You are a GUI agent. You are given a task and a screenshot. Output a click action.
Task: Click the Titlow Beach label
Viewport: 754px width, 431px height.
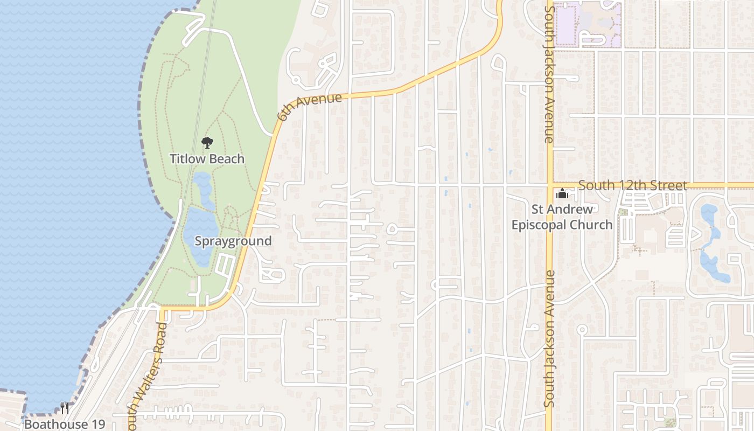click(207, 159)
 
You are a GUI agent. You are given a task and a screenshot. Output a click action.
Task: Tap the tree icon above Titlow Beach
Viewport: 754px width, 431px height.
click(207, 143)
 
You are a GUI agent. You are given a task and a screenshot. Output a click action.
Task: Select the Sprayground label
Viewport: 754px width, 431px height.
click(233, 241)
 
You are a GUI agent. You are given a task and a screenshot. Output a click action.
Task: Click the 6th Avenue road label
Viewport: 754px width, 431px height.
click(310, 107)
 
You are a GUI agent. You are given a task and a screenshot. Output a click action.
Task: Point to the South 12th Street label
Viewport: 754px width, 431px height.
click(633, 186)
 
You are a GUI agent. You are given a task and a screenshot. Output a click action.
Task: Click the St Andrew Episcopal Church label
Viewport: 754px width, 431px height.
click(562, 217)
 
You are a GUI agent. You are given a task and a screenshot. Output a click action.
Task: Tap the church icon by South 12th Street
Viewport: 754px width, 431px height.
click(562, 194)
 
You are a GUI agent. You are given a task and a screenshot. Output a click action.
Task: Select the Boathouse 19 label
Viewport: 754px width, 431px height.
click(65, 424)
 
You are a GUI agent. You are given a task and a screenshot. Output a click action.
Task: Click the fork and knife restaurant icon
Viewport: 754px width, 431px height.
click(65, 408)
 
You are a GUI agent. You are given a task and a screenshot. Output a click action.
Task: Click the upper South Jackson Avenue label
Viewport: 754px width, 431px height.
click(549, 73)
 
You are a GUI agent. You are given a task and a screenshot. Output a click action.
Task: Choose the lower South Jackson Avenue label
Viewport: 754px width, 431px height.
click(549, 338)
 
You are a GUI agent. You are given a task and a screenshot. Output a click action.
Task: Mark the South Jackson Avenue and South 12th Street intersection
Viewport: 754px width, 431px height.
click(549, 185)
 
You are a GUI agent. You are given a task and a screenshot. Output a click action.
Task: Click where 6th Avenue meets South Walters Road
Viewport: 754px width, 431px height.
click(162, 309)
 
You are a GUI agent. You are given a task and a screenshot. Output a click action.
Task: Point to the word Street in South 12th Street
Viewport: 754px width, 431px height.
click(669, 186)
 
